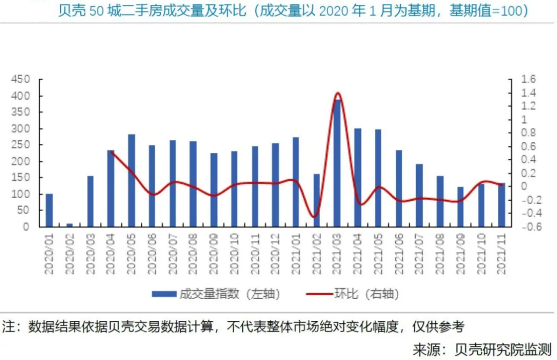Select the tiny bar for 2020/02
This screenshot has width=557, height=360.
point(69,225)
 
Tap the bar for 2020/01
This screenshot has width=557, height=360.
point(49,210)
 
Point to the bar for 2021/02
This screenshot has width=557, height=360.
point(317,201)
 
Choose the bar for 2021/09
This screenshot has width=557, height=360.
point(460,207)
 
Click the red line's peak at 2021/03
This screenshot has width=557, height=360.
point(337,93)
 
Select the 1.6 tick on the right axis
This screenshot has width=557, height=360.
point(529,79)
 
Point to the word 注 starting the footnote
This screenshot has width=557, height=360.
point(9,326)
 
